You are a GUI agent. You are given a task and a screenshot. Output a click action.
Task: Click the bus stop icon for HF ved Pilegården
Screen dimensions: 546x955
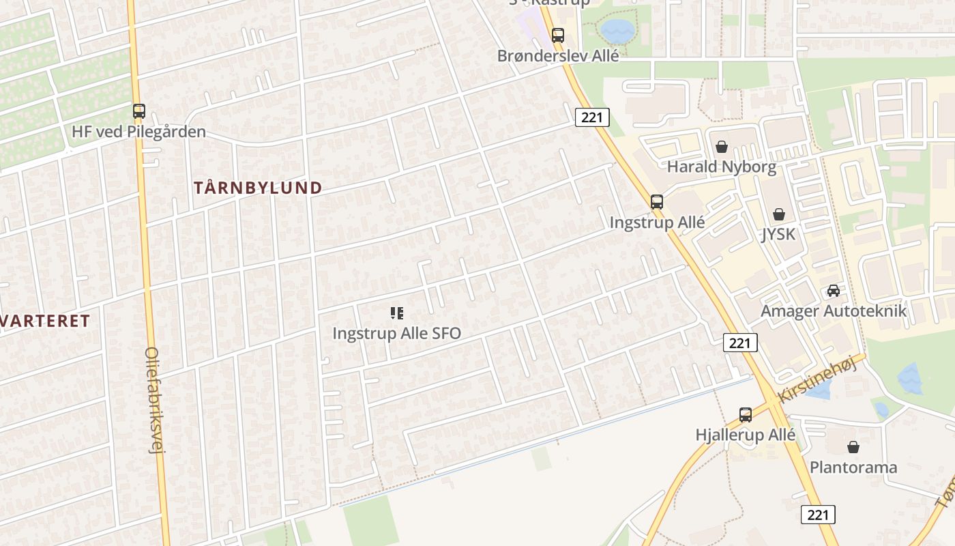[139, 111]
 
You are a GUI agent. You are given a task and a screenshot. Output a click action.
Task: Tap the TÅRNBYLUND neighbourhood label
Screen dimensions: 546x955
[258, 188]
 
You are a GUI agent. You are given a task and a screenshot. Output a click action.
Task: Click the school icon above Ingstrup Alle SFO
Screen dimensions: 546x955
[396, 313]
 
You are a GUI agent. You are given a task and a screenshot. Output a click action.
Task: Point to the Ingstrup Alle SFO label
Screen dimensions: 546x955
[396, 333]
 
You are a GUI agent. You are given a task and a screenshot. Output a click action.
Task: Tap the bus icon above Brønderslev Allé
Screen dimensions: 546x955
[558, 35]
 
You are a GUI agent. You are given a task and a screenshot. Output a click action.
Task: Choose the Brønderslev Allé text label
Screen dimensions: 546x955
[558, 56]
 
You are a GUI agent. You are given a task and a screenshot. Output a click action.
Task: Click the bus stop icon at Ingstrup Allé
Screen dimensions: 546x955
[657, 202]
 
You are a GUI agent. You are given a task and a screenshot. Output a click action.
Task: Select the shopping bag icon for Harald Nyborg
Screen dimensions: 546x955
[722, 146]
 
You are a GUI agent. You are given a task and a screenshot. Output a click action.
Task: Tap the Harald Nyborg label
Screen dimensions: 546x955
[722, 167]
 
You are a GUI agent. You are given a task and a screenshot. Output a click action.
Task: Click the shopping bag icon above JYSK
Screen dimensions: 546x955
[779, 214]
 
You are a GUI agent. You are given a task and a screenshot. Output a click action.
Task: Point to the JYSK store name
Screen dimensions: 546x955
[779, 234]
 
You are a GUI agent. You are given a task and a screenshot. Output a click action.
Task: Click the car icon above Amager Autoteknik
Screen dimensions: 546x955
[834, 291]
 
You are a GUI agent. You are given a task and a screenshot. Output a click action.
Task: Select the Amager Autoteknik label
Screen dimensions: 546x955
[834, 311]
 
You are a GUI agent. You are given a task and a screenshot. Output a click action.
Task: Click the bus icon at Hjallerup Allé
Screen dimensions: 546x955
[746, 414]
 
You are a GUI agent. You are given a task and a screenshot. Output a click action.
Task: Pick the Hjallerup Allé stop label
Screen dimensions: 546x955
[746, 435]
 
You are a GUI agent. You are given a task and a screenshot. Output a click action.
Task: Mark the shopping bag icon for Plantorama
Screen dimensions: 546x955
[853, 447]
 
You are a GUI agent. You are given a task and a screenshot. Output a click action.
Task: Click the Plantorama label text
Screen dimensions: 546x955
[853, 468]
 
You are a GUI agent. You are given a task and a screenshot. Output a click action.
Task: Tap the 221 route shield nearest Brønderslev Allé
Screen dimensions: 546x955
[591, 117]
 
